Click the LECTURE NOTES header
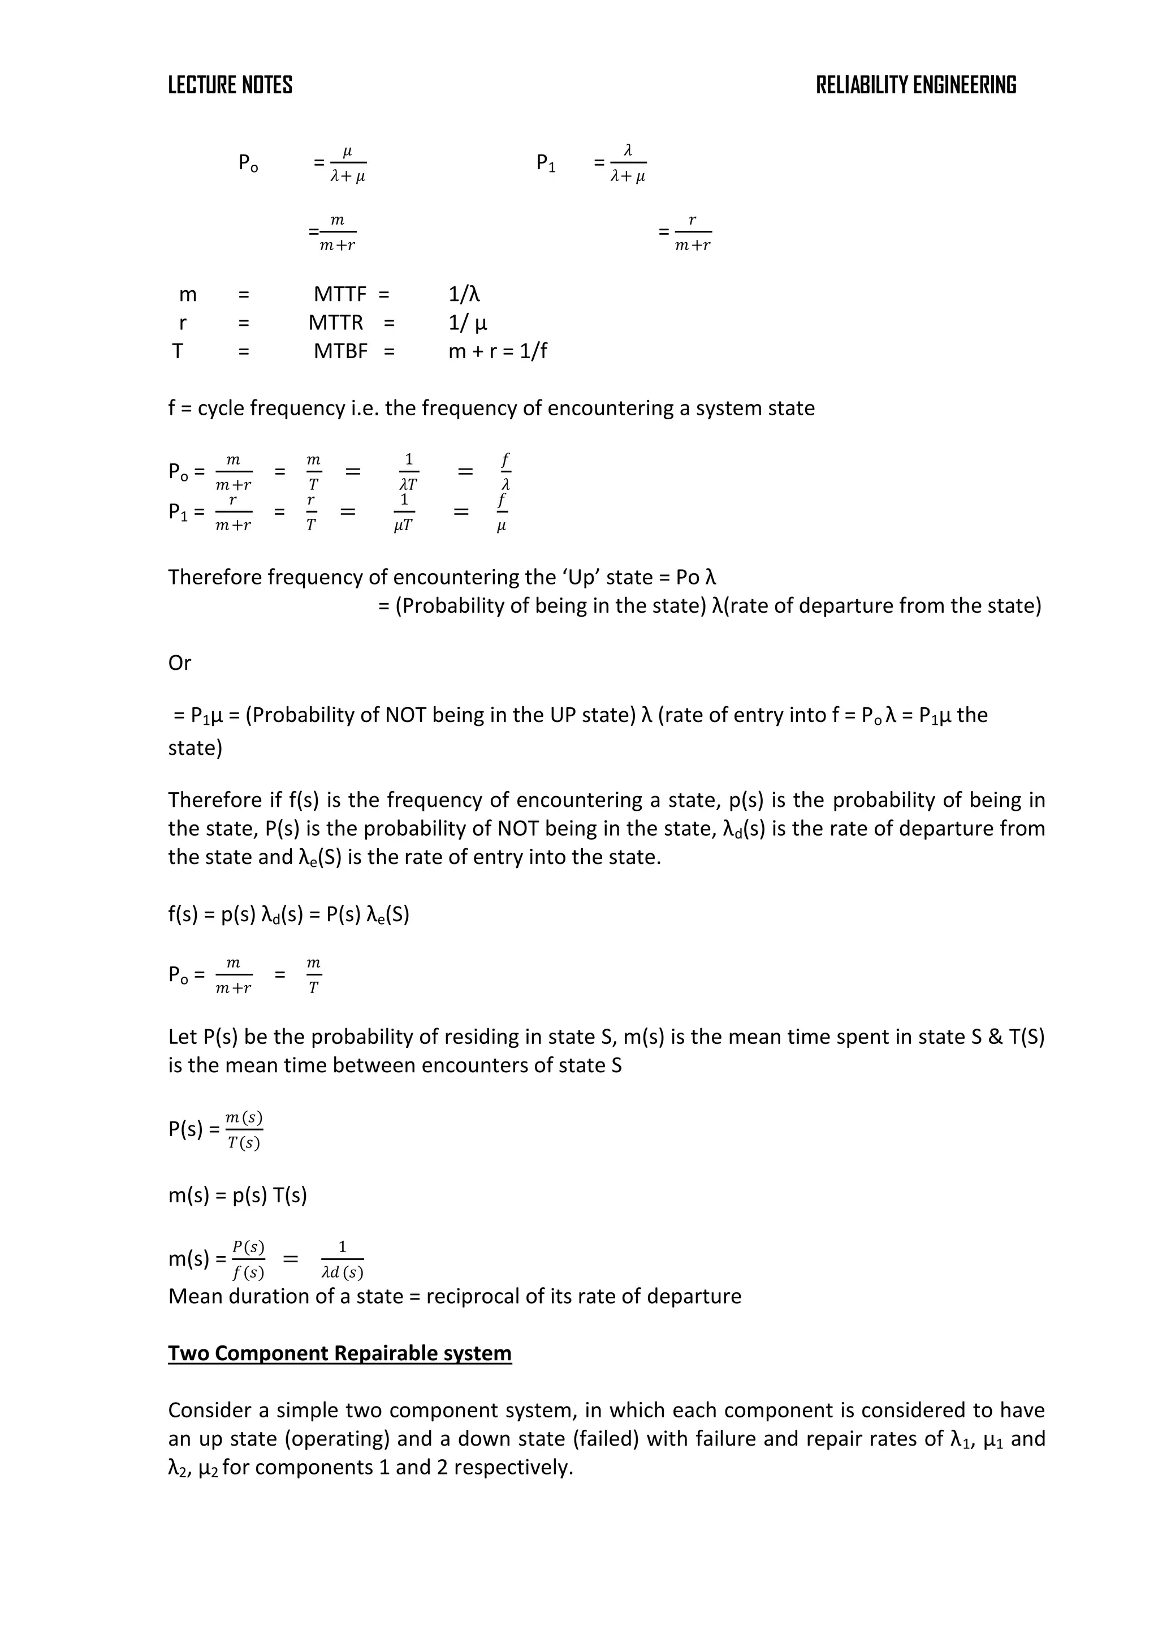[x=230, y=85]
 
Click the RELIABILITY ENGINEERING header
[x=915, y=85]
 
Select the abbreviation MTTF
[x=340, y=294]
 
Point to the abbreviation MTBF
[x=340, y=351]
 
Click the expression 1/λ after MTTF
[x=464, y=294]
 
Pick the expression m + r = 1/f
[x=498, y=351]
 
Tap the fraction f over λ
[x=505, y=471]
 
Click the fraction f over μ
[x=502, y=512]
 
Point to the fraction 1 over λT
[x=409, y=471]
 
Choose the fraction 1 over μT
[x=404, y=512]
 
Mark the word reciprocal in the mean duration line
[x=473, y=1296]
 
